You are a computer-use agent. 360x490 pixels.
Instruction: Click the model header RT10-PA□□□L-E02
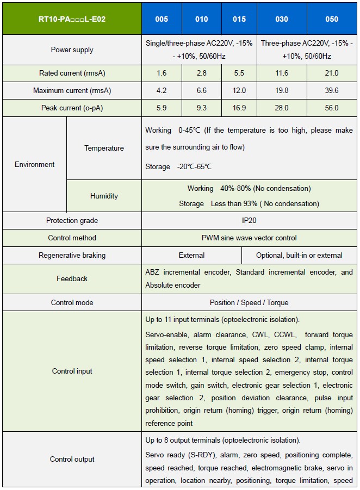(72, 19)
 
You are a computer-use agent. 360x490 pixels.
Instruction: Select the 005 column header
(162, 19)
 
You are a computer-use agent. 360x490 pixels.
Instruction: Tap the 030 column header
(282, 19)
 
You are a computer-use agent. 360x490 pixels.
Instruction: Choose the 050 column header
(332, 19)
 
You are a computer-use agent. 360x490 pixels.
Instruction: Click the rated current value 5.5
(239, 73)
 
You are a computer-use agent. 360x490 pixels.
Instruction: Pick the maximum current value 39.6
(332, 90)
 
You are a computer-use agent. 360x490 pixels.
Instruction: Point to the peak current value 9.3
(201, 108)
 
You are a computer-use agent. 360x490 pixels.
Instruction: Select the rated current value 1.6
(162, 73)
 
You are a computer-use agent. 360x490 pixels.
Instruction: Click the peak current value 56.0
(332, 108)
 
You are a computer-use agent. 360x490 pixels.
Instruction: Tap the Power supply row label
(72, 49)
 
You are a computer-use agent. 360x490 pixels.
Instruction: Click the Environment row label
(35, 164)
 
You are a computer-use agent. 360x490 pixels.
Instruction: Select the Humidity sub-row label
(104, 196)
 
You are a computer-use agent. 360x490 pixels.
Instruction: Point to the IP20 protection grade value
(249, 220)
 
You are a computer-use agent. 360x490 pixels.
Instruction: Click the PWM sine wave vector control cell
(249, 238)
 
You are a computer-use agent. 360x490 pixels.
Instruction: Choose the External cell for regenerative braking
(191, 255)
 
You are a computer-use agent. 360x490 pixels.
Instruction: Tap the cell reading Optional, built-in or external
(299, 255)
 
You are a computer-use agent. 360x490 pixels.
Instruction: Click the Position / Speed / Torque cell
(249, 302)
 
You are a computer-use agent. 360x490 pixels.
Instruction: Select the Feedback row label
(72, 278)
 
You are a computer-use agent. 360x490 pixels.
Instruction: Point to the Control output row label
(72, 459)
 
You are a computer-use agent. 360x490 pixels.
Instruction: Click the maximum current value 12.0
(239, 90)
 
